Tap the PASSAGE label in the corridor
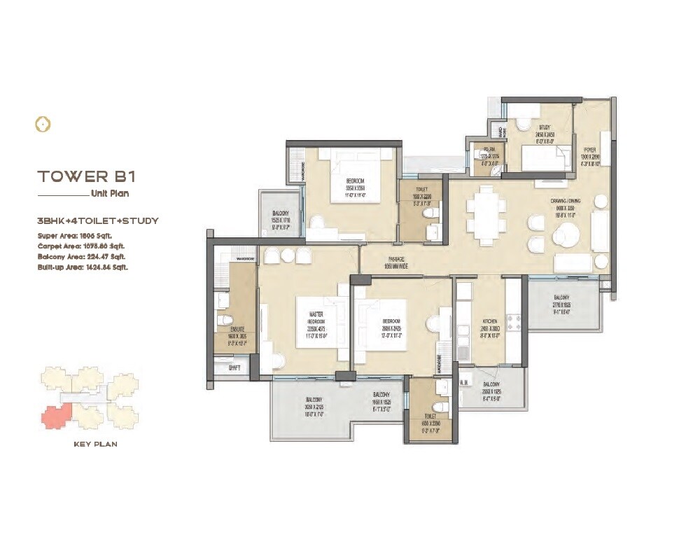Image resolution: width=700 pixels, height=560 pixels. point(395,259)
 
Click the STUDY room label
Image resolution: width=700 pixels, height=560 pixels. point(526,128)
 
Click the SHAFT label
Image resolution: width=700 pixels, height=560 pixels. point(225,365)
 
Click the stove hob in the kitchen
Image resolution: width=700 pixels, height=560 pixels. point(514,323)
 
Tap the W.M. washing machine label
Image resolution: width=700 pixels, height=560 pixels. point(463,382)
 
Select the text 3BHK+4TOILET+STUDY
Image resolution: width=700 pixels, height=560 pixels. point(98,220)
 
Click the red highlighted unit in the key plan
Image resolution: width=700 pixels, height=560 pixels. point(54,417)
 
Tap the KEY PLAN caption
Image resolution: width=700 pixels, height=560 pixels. point(95,444)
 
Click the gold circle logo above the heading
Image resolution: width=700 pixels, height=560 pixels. point(43,125)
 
